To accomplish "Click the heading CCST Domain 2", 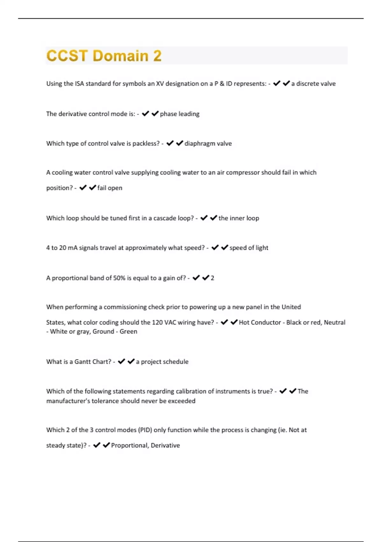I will point(104,56).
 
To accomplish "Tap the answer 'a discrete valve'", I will point(313,84).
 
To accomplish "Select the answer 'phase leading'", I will point(180,114).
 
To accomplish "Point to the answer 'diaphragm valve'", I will point(208,144).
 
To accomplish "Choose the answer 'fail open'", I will point(110,188).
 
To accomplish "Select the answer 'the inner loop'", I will point(238,218).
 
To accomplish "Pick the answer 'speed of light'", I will point(249,248).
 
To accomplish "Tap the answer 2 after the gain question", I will point(212,278).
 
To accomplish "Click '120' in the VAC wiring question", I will point(157,323).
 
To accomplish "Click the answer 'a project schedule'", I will point(162,362).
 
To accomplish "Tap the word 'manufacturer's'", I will point(68,401).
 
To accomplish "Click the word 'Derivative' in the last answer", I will point(165,445).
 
